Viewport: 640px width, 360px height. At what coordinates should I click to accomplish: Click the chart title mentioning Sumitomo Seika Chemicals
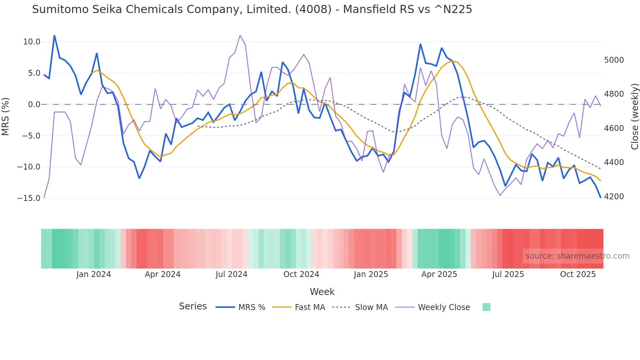pyautogui.click(x=252, y=9)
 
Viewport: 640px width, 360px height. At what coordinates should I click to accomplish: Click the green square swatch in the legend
pyautogui.click(x=486, y=307)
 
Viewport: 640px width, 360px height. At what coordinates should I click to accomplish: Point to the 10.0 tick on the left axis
pyautogui.click(x=32, y=42)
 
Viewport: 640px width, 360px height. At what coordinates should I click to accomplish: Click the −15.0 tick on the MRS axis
pyautogui.click(x=29, y=198)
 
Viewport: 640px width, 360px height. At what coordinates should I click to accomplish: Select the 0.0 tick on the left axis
pyautogui.click(x=34, y=105)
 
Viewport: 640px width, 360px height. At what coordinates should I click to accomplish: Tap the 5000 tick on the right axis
pyautogui.click(x=614, y=60)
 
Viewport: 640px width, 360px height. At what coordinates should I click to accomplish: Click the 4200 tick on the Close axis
pyautogui.click(x=614, y=197)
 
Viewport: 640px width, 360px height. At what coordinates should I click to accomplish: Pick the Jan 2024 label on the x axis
pyautogui.click(x=93, y=274)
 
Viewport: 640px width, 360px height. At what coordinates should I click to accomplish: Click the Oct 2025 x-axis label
pyautogui.click(x=578, y=274)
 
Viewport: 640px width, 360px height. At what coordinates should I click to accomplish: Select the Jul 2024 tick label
pyautogui.click(x=231, y=274)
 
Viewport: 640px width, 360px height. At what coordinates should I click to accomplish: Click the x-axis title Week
pyautogui.click(x=322, y=292)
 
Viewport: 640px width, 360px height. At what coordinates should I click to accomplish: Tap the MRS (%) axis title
pyautogui.click(x=6, y=117)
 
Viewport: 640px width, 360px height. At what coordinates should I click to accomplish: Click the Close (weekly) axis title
pyautogui.click(x=634, y=117)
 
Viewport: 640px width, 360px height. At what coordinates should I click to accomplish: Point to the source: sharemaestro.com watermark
pyautogui.click(x=577, y=256)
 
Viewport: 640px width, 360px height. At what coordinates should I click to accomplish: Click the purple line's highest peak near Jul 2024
pyautogui.click(x=240, y=35)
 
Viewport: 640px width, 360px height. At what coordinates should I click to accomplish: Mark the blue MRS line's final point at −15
pyautogui.click(x=600, y=197)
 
